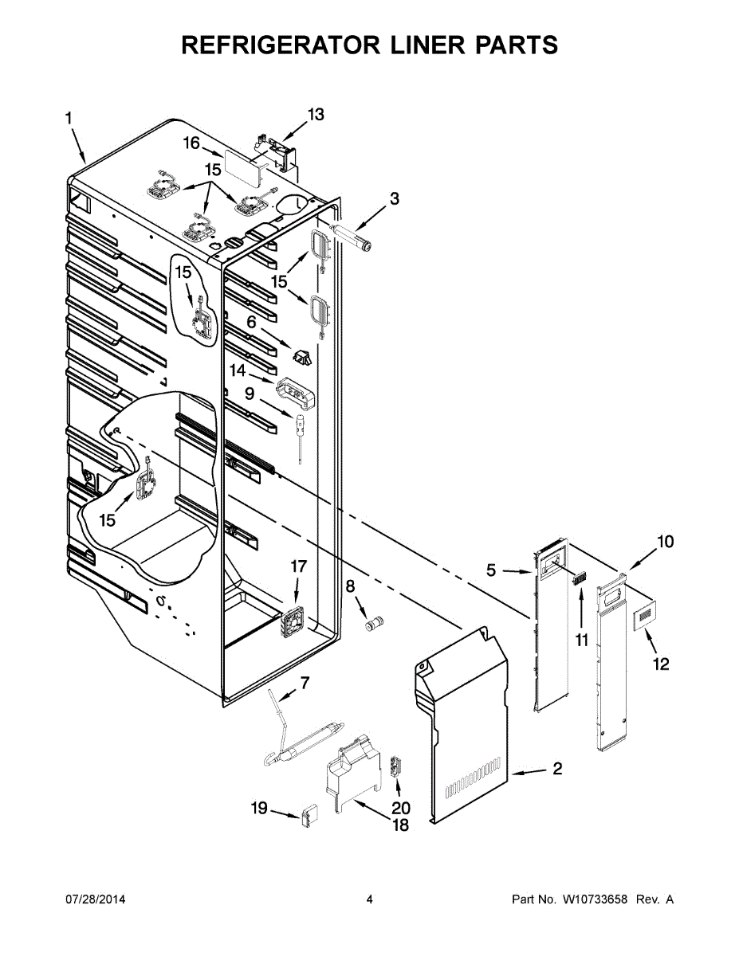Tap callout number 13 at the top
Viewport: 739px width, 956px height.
[x=316, y=115]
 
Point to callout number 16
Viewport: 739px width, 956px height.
[x=191, y=143]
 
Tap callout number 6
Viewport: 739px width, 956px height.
[x=251, y=322]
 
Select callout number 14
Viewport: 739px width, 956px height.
[x=238, y=370]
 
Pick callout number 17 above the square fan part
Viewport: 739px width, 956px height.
[x=298, y=566]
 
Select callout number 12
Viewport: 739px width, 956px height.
[x=661, y=664]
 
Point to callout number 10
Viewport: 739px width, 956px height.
[x=665, y=542]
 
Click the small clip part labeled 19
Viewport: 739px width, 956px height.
[x=309, y=817]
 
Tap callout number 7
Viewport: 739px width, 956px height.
[x=304, y=682]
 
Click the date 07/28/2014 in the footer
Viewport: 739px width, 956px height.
[x=95, y=899]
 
